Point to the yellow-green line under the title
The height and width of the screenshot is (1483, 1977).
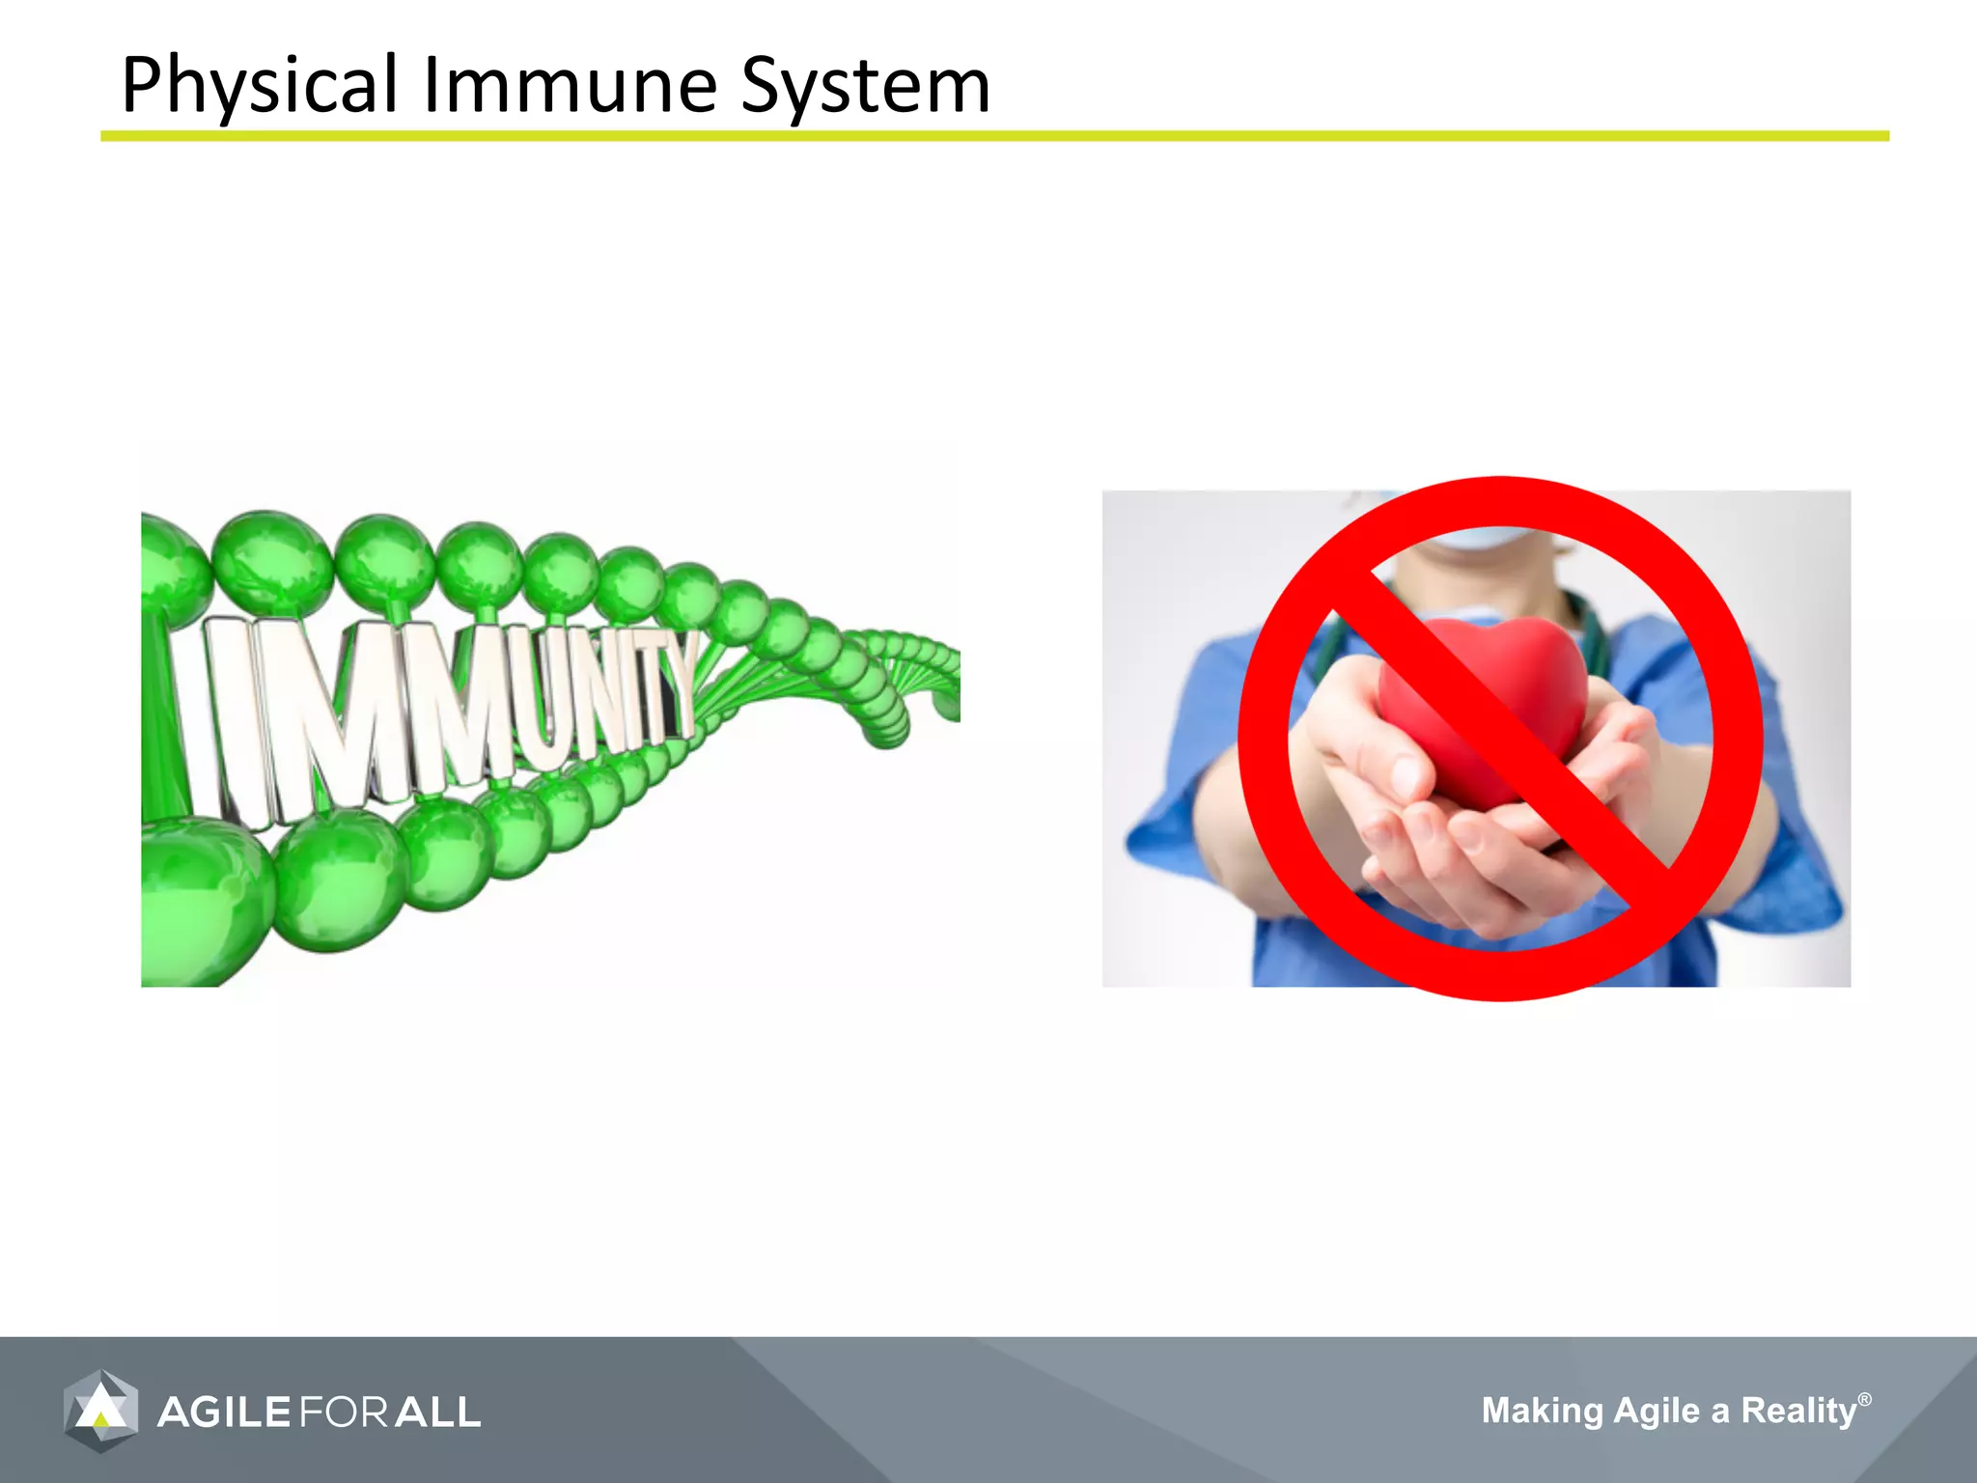click(994, 136)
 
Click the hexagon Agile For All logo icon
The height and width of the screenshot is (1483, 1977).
click(100, 1411)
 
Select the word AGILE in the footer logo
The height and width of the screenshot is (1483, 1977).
click(224, 1413)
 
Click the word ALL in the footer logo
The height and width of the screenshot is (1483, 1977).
click(437, 1413)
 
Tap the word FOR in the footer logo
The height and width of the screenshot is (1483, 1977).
click(344, 1413)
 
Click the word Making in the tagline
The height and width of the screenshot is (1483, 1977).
click(1542, 1411)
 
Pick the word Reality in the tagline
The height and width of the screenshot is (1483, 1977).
click(1798, 1411)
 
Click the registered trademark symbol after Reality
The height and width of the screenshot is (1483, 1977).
click(1864, 1399)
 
